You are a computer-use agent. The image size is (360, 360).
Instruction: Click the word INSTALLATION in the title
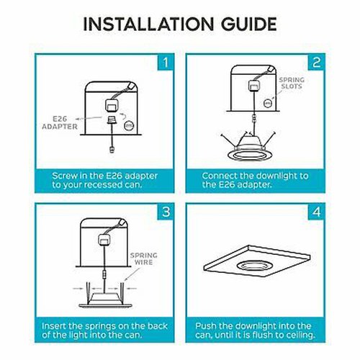click(x=148, y=24)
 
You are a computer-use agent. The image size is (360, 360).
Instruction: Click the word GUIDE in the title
click(x=249, y=24)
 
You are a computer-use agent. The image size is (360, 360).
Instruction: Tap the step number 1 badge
click(x=166, y=63)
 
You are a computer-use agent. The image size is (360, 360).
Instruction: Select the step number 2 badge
click(x=316, y=63)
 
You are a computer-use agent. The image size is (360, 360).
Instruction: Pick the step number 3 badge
click(x=166, y=212)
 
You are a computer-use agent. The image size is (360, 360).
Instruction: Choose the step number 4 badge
click(x=316, y=212)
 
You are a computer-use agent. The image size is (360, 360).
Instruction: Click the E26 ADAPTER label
click(x=60, y=122)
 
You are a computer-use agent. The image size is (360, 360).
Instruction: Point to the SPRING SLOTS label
click(x=292, y=83)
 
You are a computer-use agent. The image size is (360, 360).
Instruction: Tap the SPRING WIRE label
click(x=144, y=258)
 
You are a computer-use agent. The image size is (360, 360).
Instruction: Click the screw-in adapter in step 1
click(x=112, y=120)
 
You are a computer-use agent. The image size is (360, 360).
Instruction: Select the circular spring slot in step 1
click(x=129, y=126)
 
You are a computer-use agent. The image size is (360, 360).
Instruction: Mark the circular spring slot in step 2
click(x=268, y=104)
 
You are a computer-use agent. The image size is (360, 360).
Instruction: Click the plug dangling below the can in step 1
click(x=112, y=149)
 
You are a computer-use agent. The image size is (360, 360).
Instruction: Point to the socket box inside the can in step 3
click(x=104, y=240)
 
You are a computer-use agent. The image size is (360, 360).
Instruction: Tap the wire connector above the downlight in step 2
click(x=254, y=118)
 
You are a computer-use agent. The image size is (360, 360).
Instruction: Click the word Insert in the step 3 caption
click(x=54, y=326)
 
